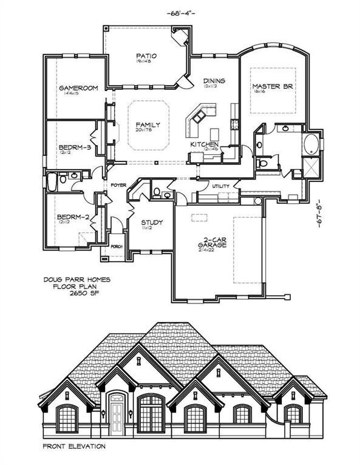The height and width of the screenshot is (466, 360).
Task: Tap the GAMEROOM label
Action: pos(78,88)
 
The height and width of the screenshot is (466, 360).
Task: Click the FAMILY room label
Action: pos(148,123)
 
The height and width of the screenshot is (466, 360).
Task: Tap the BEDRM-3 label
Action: pos(75,147)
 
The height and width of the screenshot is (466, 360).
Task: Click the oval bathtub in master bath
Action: pos(310,145)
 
